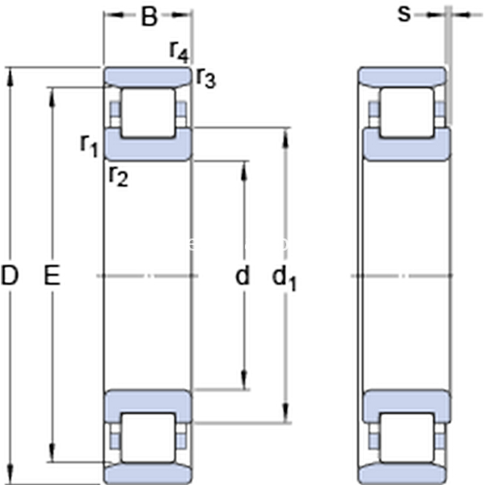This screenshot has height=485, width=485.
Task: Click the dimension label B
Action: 150,16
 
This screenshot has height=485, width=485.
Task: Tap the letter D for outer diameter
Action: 10,275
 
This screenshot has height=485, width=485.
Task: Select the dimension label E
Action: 52,275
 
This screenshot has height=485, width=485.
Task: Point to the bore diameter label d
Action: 242,275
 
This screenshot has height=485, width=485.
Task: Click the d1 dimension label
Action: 284,278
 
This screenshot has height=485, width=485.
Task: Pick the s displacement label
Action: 404,15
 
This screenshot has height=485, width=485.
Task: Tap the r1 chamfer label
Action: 89,146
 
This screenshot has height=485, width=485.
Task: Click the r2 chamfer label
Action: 119,177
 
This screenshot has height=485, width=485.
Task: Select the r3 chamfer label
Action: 206,78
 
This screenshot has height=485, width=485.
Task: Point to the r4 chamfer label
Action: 179,52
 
